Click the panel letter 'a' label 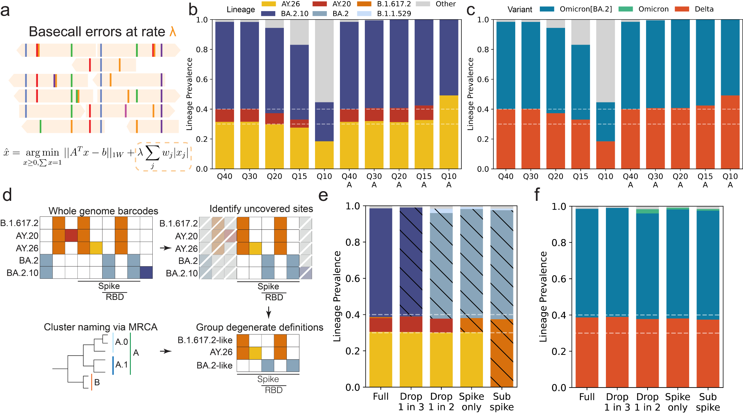click(5, 10)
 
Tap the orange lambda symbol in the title click(172, 32)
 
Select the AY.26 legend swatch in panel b click(269, 4)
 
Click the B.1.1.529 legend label click(394, 14)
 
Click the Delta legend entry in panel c click(704, 9)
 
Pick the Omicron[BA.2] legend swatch click(547, 9)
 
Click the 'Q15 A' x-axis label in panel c click(705, 180)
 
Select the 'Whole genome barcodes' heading click(103, 211)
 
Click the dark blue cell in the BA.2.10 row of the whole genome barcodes click(146, 273)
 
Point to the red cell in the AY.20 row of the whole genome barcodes click(71, 236)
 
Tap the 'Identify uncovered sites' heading click(261, 209)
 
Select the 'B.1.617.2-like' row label click(205, 340)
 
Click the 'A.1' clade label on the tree click(121, 365)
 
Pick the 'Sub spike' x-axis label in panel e click(502, 402)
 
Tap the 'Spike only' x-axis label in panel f click(678, 402)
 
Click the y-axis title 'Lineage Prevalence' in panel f click(543, 297)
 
